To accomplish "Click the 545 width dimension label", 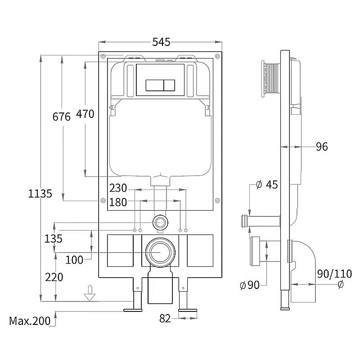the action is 161,42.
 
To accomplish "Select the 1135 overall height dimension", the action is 40,193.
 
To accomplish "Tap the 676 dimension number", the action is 62,117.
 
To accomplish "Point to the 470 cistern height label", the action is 85,114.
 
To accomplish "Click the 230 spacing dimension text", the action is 118,188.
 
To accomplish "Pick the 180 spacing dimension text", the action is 118,202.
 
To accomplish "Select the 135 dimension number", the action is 53,239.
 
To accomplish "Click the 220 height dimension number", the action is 54,277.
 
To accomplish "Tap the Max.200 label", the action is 30,321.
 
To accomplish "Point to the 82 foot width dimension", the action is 165,319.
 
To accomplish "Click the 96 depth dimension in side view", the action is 322,147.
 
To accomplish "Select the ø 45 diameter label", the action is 267,184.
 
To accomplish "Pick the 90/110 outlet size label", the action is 334,274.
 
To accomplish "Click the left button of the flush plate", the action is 154,85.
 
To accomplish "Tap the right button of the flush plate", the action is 169,85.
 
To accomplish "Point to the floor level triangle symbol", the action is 90,297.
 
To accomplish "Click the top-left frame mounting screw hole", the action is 103,56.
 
